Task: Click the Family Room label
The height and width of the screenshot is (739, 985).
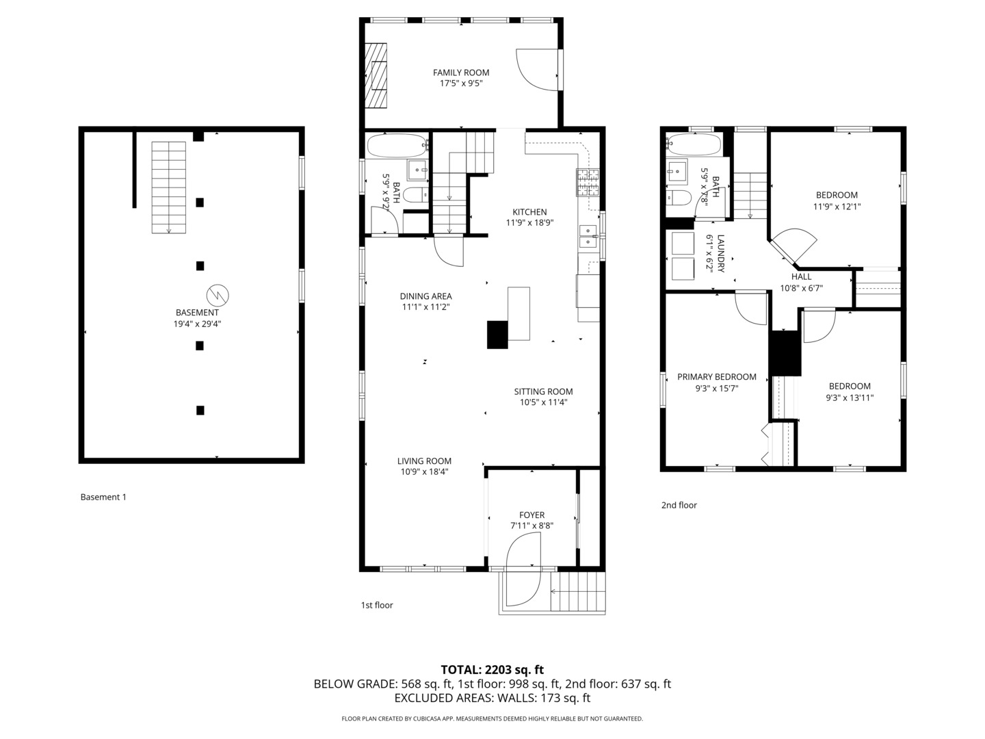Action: click(461, 73)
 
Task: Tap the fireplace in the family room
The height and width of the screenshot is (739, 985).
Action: click(376, 75)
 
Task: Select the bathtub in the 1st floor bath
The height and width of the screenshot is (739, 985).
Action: click(396, 145)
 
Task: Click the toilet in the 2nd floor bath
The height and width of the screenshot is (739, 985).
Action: click(679, 198)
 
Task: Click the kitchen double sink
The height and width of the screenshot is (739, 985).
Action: click(588, 236)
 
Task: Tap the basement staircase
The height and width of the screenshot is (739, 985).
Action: click(168, 187)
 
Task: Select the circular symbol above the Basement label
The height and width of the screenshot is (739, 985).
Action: click(218, 295)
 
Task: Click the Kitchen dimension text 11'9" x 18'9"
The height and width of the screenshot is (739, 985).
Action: click(529, 222)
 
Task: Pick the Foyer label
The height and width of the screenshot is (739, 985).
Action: click(531, 515)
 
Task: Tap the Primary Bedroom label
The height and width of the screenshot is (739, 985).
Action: click(716, 377)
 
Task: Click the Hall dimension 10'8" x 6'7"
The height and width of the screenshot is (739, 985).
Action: click(801, 288)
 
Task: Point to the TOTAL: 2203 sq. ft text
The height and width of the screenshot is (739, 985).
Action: click(492, 670)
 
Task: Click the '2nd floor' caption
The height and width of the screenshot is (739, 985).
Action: click(679, 505)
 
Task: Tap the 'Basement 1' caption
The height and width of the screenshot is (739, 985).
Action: click(103, 497)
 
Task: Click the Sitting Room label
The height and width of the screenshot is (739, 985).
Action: click(543, 391)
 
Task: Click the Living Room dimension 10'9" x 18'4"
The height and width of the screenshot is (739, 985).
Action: click(424, 471)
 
